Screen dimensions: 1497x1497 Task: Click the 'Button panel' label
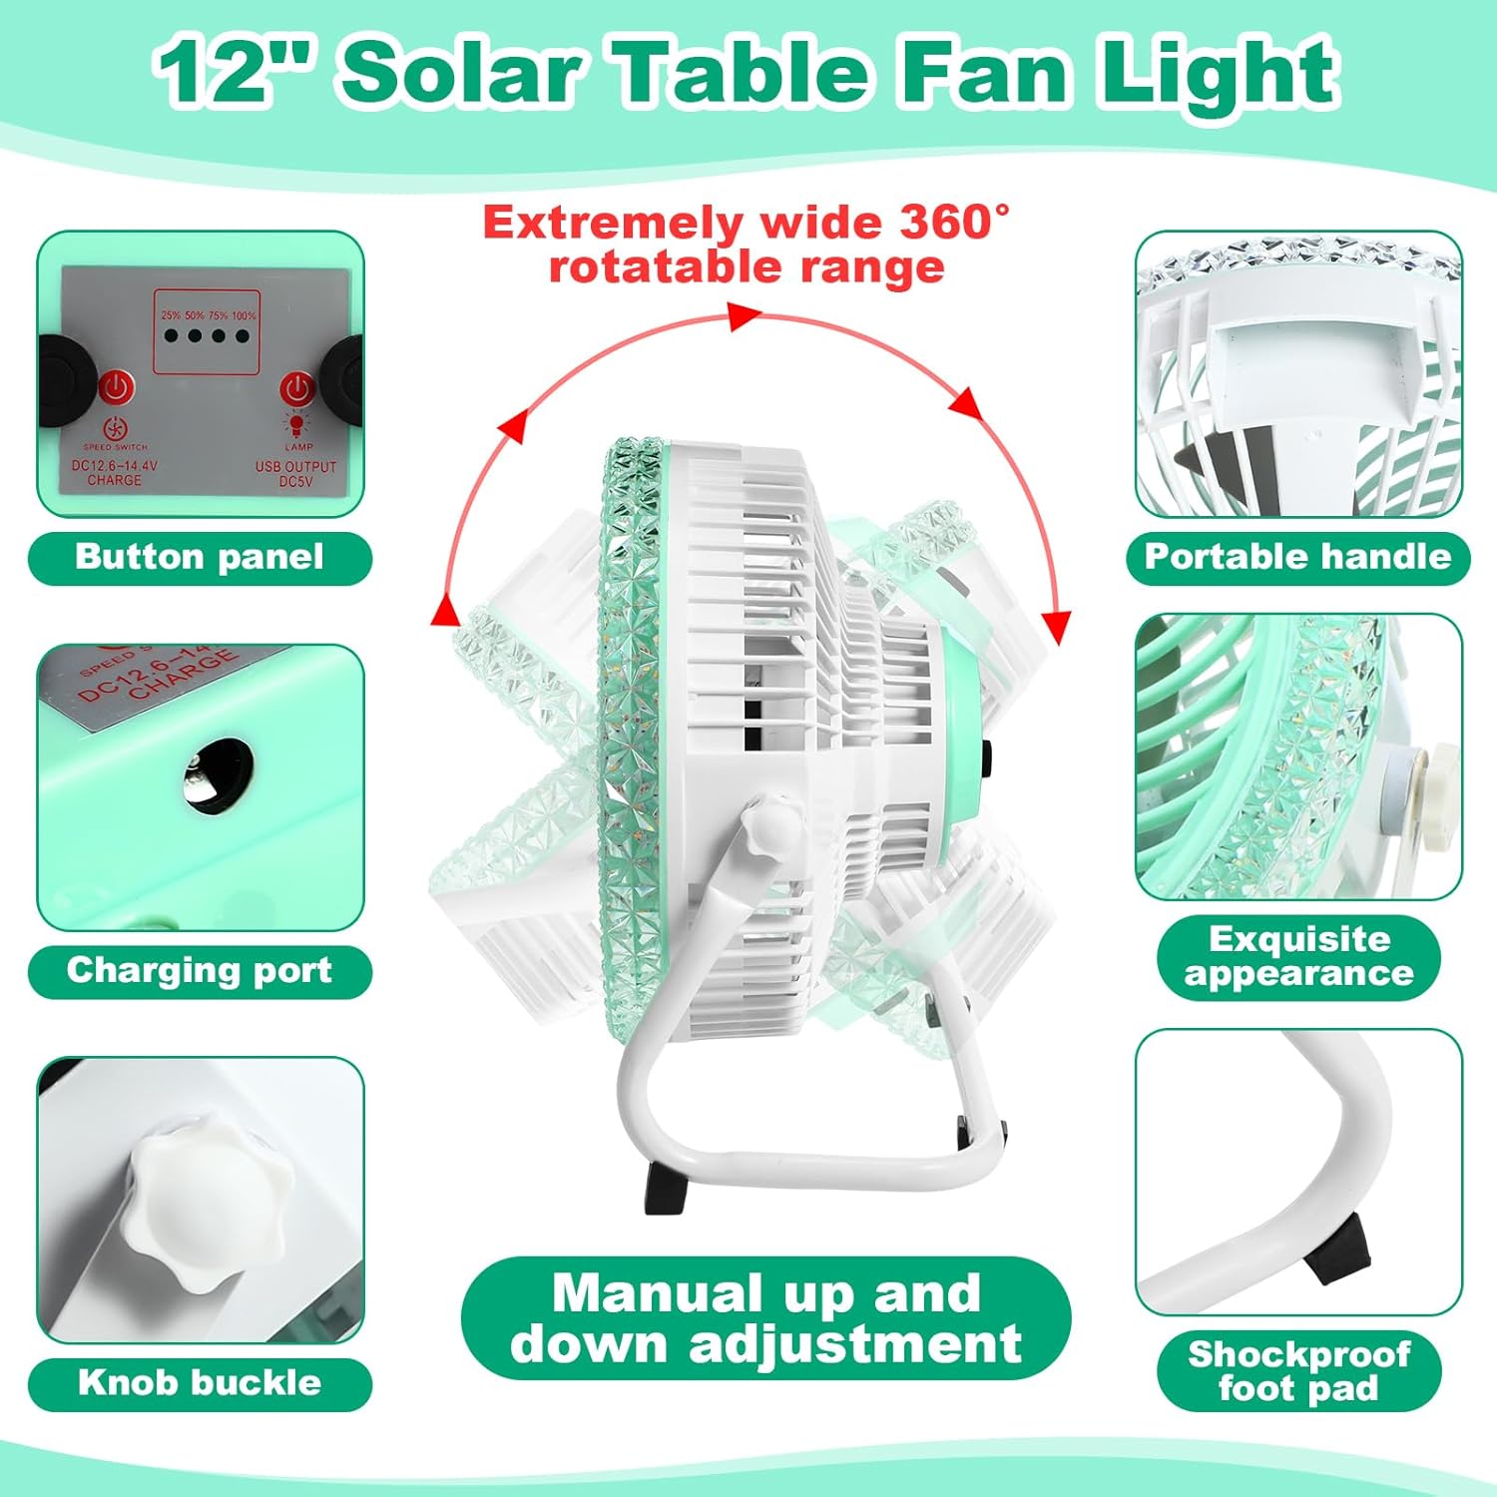[x=200, y=557]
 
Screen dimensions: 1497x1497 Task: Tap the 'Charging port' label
[x=200, y=971]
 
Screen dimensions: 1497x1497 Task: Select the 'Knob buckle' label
[x=200, y=1383]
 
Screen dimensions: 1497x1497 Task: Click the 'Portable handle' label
[x=1297, y=557]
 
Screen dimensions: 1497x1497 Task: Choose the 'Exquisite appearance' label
[x=1298, y=956]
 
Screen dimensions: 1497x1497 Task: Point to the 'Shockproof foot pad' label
[x=1298, y=1370]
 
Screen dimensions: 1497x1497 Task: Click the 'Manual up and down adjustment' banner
[x=765, y=1317]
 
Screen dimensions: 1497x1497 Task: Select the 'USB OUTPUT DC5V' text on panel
[x=296, y=473]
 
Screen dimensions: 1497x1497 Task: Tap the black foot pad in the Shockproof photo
[x=1335, y=1253]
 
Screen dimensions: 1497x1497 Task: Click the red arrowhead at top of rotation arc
[x=744, y=317]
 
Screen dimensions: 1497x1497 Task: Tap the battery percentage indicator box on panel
[x=206, y=328]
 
